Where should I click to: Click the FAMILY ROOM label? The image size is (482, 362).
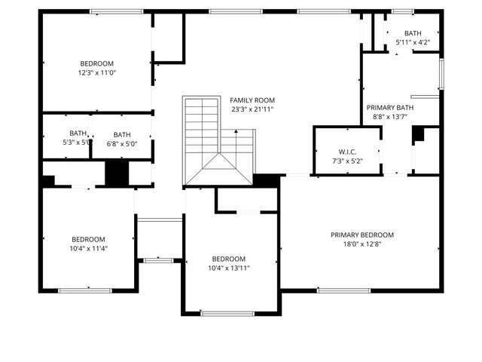(252, 100)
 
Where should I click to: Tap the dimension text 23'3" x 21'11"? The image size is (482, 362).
(252, 109)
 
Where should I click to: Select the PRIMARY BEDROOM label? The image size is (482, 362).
(361, 235)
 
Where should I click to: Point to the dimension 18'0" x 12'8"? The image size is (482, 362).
(361, 244)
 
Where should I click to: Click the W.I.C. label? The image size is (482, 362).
(346, 152)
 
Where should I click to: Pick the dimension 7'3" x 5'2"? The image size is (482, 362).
(346, 161)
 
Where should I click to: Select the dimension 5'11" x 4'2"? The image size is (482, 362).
(413, 43)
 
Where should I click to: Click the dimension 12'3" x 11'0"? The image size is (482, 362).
(96, 72)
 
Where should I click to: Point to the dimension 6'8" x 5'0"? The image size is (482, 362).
(122, 143)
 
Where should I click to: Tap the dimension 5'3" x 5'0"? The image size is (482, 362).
(77, 143)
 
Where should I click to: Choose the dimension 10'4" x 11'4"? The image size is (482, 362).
(88, 248)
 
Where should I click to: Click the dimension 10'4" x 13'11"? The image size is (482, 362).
(228, 268)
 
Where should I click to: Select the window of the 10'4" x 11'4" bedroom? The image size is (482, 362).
(85, 290)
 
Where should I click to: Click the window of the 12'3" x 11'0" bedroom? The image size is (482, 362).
(117, 11)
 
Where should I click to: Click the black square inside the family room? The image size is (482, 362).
(266, 181)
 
